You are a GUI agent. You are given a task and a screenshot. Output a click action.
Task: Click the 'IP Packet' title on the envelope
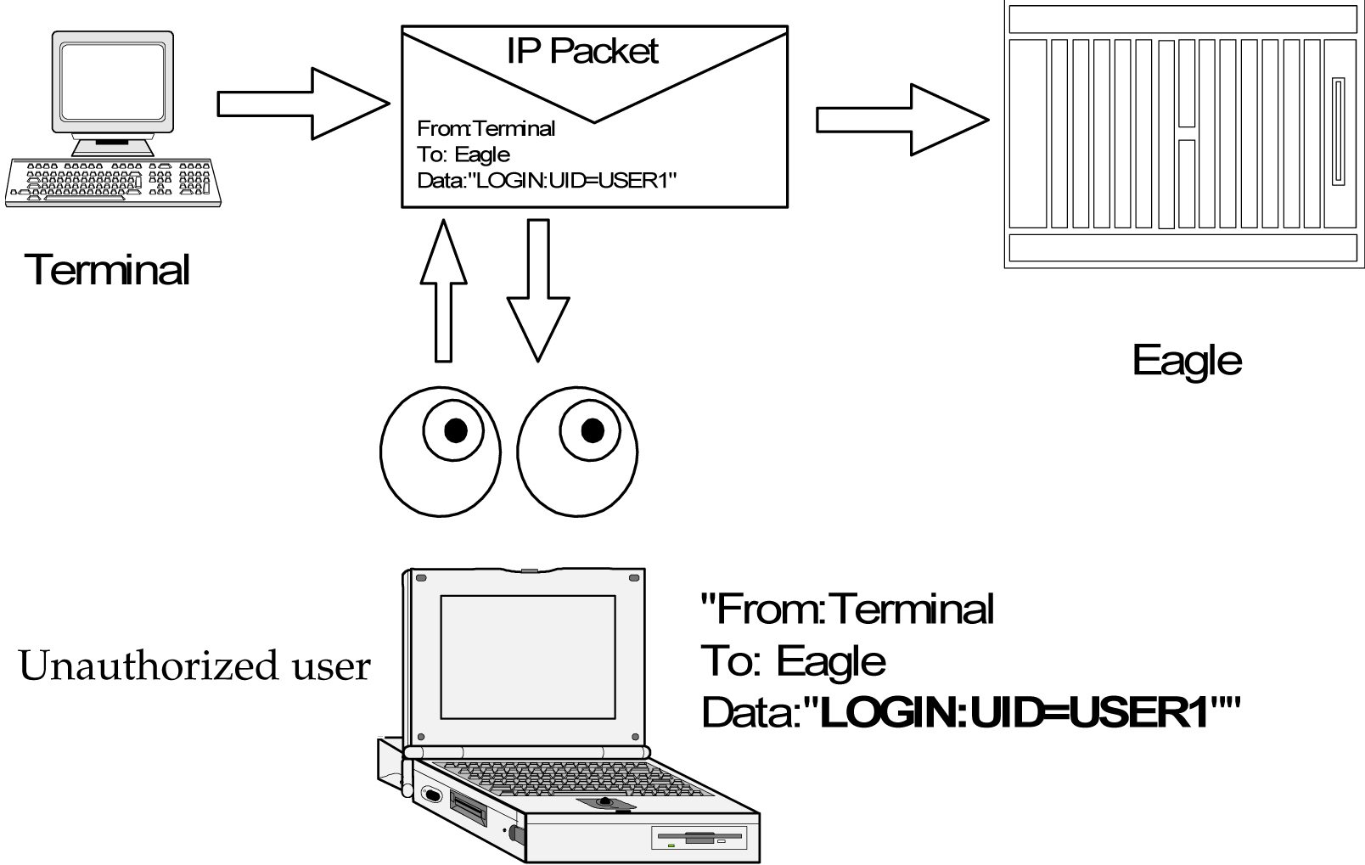[582, 51]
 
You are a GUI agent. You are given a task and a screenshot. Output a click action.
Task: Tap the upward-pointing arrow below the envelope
[443, 289]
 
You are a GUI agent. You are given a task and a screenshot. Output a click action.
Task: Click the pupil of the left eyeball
[456, 430]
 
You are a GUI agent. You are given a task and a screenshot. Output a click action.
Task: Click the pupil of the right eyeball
[592, 430]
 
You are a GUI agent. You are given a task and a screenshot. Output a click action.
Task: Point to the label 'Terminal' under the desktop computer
[108, 270]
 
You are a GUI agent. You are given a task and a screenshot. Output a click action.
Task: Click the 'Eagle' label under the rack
[1187, 360]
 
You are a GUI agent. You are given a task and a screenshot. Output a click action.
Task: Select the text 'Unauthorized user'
[194, 665]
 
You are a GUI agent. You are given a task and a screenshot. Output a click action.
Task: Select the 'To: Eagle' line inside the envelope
[463, 154]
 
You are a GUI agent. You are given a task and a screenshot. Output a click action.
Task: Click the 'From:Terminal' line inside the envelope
[486, 129]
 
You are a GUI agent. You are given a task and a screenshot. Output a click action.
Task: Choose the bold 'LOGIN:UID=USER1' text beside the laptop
[1014, 713]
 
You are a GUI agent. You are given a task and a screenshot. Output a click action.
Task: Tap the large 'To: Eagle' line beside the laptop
[793, 661]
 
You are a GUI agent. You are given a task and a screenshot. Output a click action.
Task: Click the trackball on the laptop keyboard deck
[605, 801]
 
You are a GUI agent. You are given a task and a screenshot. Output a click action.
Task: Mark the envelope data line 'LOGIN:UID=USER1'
[547, 181]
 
